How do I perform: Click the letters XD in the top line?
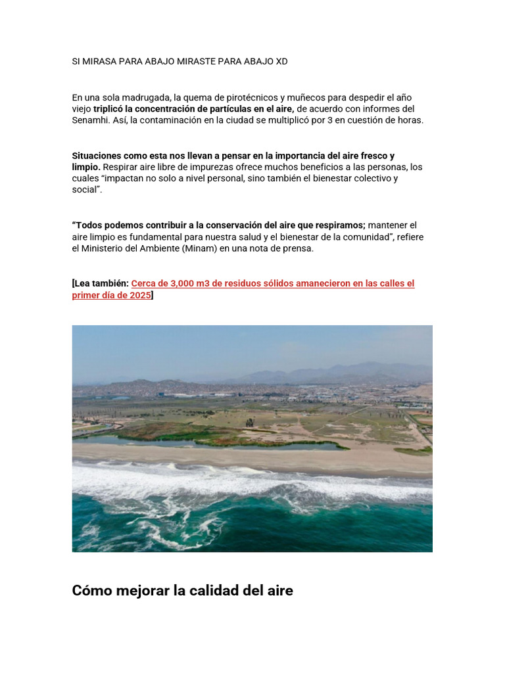click(x=281, y=61)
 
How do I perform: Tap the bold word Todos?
click(x=89, y=225)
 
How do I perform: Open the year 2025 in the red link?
click(x=139, y=295)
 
